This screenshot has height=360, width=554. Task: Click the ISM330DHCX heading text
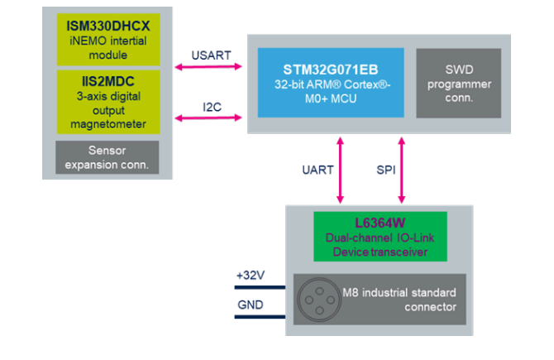[108, 26]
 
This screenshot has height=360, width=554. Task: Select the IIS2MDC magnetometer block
[108, 102]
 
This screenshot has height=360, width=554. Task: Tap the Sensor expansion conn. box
[107, 157]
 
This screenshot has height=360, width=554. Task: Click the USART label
[211, 55]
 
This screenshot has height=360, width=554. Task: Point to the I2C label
[212, 107]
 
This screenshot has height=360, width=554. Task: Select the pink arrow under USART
[208, 66]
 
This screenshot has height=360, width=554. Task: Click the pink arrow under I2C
[208, 118]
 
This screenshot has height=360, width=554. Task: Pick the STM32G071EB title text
[331, 70]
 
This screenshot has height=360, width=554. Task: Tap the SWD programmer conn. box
[459, 83]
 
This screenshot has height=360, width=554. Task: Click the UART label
[318, 170]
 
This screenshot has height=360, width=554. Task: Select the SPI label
[386, 170]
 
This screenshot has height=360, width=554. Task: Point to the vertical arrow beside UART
[340, 170]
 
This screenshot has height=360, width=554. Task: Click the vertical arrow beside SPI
[401, 170]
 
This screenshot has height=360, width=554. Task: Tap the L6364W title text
[380, 223]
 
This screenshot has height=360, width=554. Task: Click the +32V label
[251, 275]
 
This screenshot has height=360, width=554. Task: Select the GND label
[251, 305]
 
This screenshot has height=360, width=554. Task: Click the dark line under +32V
[260, 287]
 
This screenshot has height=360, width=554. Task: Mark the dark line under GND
[260, 317]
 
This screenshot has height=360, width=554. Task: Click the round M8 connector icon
[319, 300]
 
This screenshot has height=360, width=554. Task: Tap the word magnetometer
[108, 124]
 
